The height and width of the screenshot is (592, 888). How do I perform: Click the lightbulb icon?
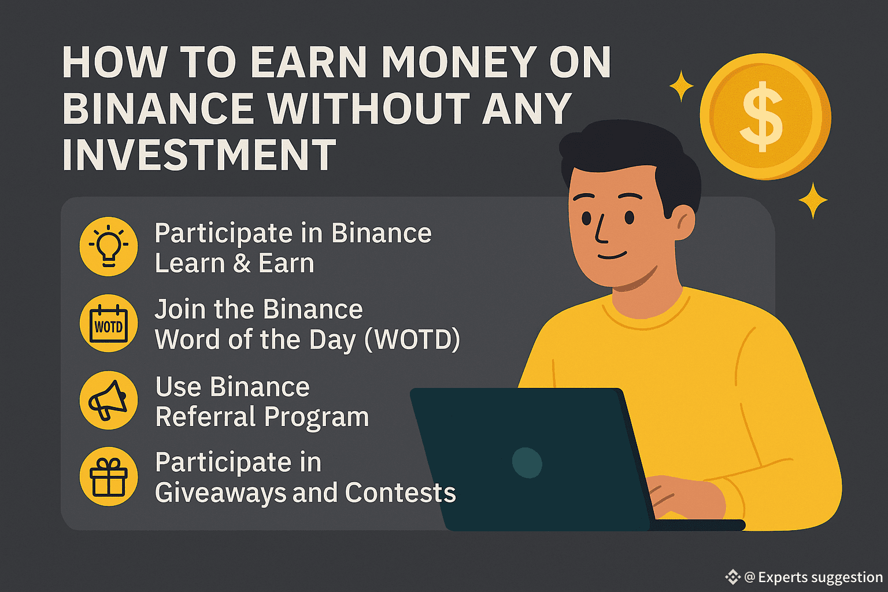(x=109, y=246)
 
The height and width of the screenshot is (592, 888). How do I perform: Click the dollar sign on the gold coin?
(x=763, y=117)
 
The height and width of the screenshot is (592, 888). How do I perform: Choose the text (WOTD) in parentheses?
(x=412, y=339)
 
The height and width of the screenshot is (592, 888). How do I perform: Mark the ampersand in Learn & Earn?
(x=242, y=263)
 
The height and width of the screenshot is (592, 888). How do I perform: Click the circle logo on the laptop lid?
(x=527, y=462)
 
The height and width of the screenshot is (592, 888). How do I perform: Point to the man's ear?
(x=683, y=223)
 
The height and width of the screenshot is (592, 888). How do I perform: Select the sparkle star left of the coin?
(x=682, y=86)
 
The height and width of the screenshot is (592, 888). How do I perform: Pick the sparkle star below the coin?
(x=813, y=200)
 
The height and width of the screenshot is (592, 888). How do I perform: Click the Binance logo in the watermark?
(x=732, y=577)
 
